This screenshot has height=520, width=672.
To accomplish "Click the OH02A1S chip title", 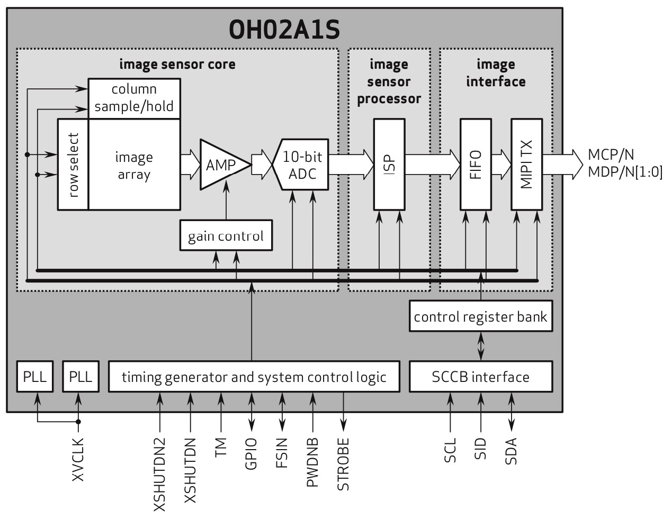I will tap(284, 30).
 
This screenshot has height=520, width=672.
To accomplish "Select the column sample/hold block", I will tap(134, 98).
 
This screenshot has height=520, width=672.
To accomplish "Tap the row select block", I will tap(73, 165).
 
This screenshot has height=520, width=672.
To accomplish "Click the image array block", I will tap(134, 165).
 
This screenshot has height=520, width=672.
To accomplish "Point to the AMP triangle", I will tap(221, 165).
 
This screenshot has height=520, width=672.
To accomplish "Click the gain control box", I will tap(226, 235).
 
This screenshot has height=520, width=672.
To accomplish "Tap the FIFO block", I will tap(476, 165).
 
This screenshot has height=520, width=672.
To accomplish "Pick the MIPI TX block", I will tap(526, 165).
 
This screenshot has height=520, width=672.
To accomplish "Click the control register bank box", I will tap(480, 316).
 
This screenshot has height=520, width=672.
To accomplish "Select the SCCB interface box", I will tap(480, 377).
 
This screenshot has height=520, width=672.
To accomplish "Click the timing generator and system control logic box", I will tap(254, 377).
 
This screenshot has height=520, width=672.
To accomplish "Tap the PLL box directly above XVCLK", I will tap(80, 377).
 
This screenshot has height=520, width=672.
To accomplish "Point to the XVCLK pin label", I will tap(78, 459).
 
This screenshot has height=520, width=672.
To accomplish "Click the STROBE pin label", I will tap(344, 464).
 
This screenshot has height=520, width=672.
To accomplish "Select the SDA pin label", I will tap(511, 451).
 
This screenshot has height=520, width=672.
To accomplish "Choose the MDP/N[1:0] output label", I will tap(625, 172).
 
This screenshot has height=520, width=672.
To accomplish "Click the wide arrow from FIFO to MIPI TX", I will tap(501, 165).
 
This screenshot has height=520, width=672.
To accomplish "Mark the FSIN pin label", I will tap(282, 453).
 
